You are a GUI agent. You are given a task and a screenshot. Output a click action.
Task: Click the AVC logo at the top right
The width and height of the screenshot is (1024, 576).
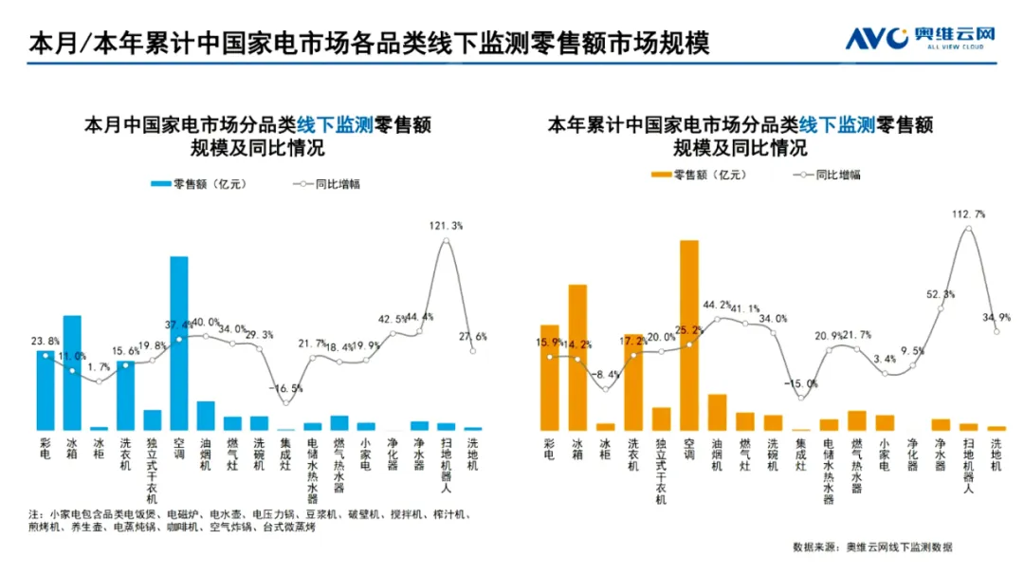tap(921, 38)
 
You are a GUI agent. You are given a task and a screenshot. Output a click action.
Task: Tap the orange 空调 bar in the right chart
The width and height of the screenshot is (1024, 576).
tap(689, 336)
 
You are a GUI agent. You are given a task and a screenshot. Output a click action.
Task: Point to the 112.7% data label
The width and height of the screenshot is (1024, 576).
tap(968, 214)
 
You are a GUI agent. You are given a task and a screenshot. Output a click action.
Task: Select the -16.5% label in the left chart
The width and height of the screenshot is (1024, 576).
tap(285, 388)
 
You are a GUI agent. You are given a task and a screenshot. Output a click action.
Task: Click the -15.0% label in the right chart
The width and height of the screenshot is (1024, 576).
tap(800, 383)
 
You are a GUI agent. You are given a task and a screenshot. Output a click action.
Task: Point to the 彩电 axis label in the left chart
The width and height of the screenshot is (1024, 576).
tap(45, 449)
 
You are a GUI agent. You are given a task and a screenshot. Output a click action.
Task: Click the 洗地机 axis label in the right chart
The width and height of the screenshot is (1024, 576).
tap(996, 455)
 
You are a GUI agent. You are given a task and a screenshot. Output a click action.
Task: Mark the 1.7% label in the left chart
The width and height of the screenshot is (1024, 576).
tap(99, 366)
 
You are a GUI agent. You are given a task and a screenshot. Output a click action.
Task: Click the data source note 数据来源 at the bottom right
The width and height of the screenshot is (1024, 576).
tap(872, 548)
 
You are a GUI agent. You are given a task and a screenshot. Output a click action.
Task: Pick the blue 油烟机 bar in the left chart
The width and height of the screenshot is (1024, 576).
tap(206, 416)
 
